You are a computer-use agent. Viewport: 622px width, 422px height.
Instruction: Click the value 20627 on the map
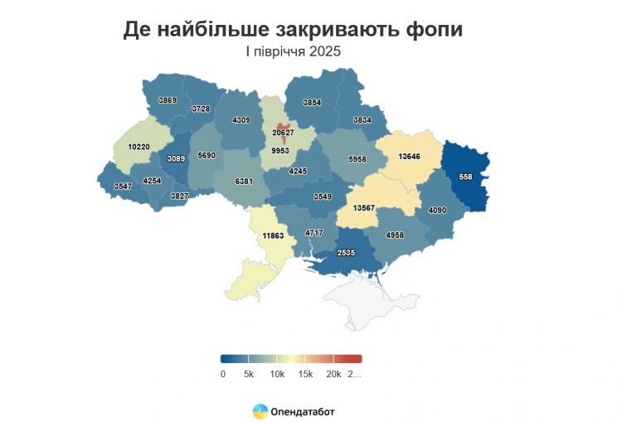click(x=283, y=133)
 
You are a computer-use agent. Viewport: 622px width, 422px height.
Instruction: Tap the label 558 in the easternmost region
click(x=465, y=177)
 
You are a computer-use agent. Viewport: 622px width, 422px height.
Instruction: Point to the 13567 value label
click(x=368, y=208)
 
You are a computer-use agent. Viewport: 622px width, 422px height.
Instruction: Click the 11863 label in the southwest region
click(x=273, y=236)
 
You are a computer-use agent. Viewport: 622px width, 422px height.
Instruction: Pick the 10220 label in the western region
click(x=138, y=147)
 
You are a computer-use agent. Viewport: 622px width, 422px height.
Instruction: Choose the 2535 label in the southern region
click(x=347, y=252)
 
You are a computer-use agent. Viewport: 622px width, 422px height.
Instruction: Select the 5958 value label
click(x=357, y=158)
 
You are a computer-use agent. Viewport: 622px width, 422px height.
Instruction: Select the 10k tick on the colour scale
click(x=277, y=374)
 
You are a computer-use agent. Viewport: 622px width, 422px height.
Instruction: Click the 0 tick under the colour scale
click(x=222, y=374)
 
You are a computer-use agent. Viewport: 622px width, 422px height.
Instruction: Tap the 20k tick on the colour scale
click(x=333, y=374)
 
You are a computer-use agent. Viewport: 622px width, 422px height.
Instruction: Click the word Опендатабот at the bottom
click(x=303, y=410)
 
